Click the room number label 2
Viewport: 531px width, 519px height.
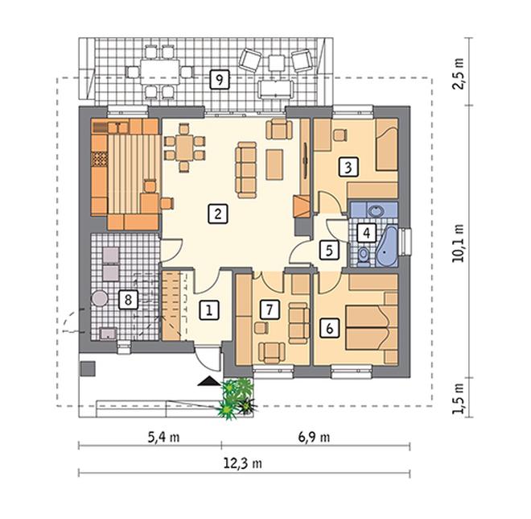click(x=218, y=214)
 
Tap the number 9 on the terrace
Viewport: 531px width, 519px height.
click(x=220, y=80)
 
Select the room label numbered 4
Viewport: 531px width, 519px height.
click(x=366, y=233)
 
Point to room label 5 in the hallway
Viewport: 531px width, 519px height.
click(x=329, y=251)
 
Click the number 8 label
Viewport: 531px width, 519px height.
click(x=128, y=300)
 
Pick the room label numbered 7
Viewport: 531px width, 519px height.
click(x=270, y=309)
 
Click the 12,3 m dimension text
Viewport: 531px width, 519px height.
click(x=242, y=463)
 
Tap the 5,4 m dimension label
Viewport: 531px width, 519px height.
click(x=163, y=438)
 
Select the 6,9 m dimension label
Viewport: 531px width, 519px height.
click(x=314, y=438)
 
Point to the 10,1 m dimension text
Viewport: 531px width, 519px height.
click(x=458, y=243)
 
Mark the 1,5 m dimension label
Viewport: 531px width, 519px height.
click(x=458, y=399)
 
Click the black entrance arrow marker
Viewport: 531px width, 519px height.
click(x=208, y=381)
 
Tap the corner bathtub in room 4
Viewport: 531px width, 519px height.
click(x=387, y=247)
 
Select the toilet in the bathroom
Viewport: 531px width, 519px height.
click(x=363, y=255)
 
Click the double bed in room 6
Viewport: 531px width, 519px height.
click(x=372, y=328)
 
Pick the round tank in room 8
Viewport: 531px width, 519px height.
click(x=100, y=298)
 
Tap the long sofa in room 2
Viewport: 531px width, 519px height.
click(x=246, y=170)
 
